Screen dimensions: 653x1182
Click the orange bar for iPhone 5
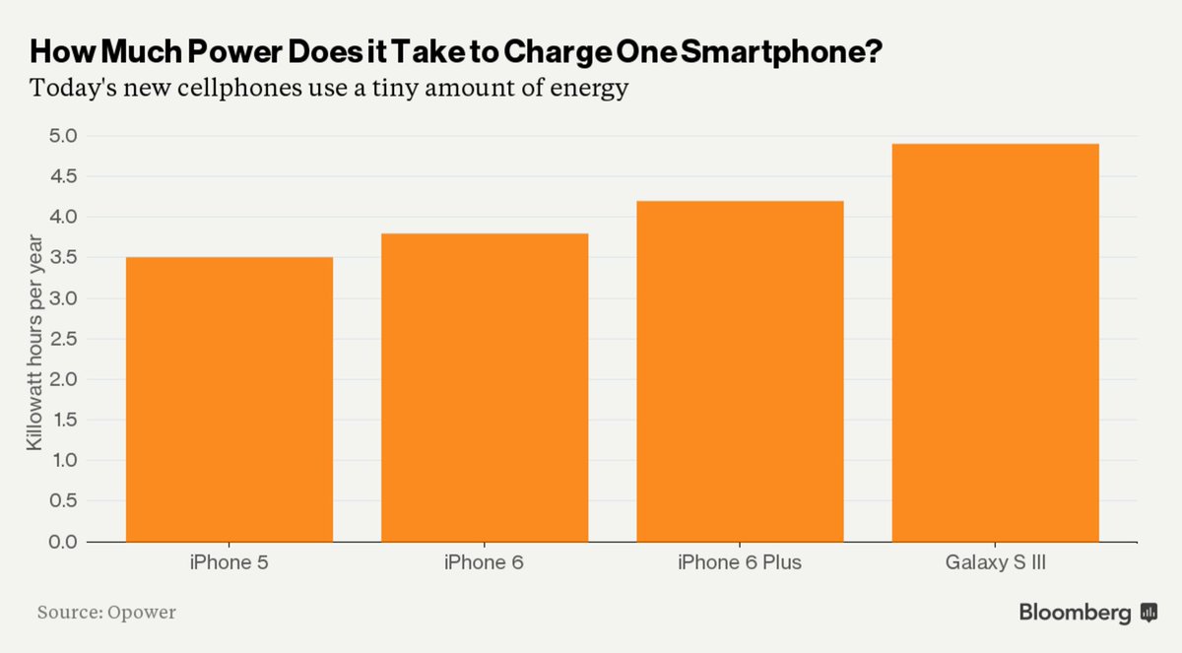pos(229,399)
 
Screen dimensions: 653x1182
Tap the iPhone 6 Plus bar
pos(740,371)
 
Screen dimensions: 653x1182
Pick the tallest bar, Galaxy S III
pos(995,343)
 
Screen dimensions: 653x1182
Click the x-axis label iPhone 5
pos(229,563)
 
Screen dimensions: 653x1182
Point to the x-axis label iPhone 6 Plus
pos(740,563)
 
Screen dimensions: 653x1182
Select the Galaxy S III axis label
pos(995,563)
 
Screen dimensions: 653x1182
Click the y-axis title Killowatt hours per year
pos(34,342)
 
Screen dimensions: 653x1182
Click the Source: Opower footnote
pos(106,613)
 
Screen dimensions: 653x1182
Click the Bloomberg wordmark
pos(1075,613)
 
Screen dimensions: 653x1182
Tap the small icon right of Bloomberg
pos(1149,613)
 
